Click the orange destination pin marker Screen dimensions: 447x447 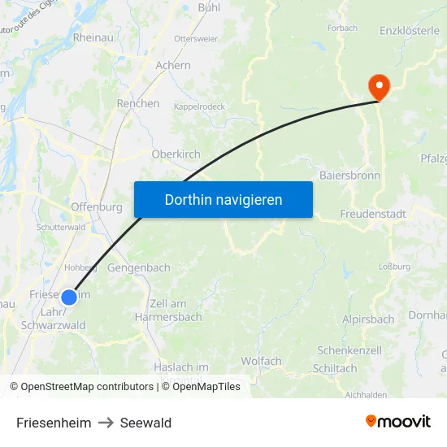click(x=379, y=85)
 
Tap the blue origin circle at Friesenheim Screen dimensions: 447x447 click(x=69, y=297)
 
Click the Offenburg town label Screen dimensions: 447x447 click(x=97, y=206)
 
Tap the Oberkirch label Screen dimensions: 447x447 click(x=176, y=154)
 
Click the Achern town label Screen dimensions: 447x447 click(x=173, y=65)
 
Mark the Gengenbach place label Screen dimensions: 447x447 click(x=139, y=267)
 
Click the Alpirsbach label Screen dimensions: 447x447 click(x=368, y=319)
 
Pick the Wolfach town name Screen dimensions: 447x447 click(x=261, y=361)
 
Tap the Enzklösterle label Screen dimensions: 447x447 click(x=409, y=31)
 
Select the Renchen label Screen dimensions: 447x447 click(x=138, y=103)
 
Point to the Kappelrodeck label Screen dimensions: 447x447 click(x=199, y=106)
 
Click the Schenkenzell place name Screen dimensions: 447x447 click(x=349, y=349)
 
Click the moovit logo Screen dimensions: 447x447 click(x=397, y=421)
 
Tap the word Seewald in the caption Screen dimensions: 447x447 click(x=145, y=423)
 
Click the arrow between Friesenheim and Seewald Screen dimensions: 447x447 click(x=106, y=423)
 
